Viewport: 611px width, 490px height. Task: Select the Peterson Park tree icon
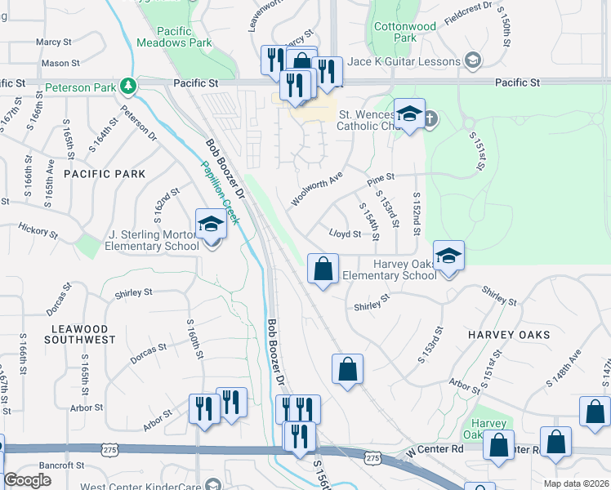coord(127,85)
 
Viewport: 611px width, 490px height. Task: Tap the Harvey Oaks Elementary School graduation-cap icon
coord(448,256)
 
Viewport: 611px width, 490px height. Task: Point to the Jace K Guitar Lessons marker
coord(472,60)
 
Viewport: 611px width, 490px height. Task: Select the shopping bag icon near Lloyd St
coord(323,268)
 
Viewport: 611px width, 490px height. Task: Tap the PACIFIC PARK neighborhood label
coord(105,174)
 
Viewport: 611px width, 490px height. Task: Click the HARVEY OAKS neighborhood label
coord(508,335)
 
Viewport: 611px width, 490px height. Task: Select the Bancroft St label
coord(61,465)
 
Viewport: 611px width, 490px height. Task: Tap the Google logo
coord(28,479)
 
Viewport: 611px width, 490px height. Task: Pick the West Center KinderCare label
coord(150,486)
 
